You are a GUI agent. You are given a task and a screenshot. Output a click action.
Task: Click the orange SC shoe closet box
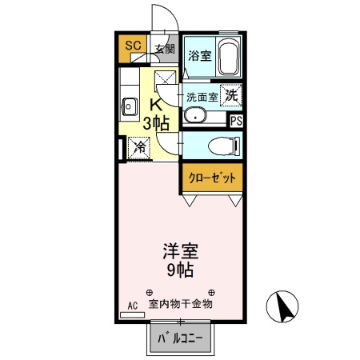[x=133, y=46]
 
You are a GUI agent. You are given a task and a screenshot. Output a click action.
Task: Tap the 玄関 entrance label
[x=164, y=49]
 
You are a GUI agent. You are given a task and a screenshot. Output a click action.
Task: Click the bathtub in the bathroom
[x=229, y=56]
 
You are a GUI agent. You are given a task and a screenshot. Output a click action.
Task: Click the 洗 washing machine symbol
[x=230, y=94]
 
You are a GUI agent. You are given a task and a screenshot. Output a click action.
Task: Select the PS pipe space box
[x=236, y=121]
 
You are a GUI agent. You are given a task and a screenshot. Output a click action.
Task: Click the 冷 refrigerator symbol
[x=139, y=147]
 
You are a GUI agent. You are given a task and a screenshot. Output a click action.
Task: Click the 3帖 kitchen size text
[x=157, y=123]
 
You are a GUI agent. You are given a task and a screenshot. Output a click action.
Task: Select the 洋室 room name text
[x=181, y=249]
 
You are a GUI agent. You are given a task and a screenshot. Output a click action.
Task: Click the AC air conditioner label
[x=133, y=305]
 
